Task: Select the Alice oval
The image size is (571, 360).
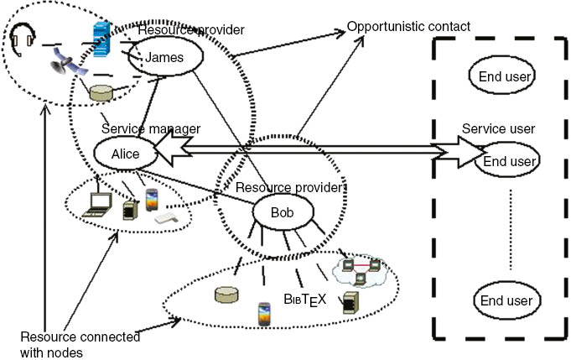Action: tap(125, 154)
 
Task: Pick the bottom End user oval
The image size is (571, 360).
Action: tap(506, 300)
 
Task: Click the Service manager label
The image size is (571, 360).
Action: tap(151, 128)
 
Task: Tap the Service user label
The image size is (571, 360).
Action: tap(499, 130)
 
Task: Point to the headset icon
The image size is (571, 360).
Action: tap(23, 36)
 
